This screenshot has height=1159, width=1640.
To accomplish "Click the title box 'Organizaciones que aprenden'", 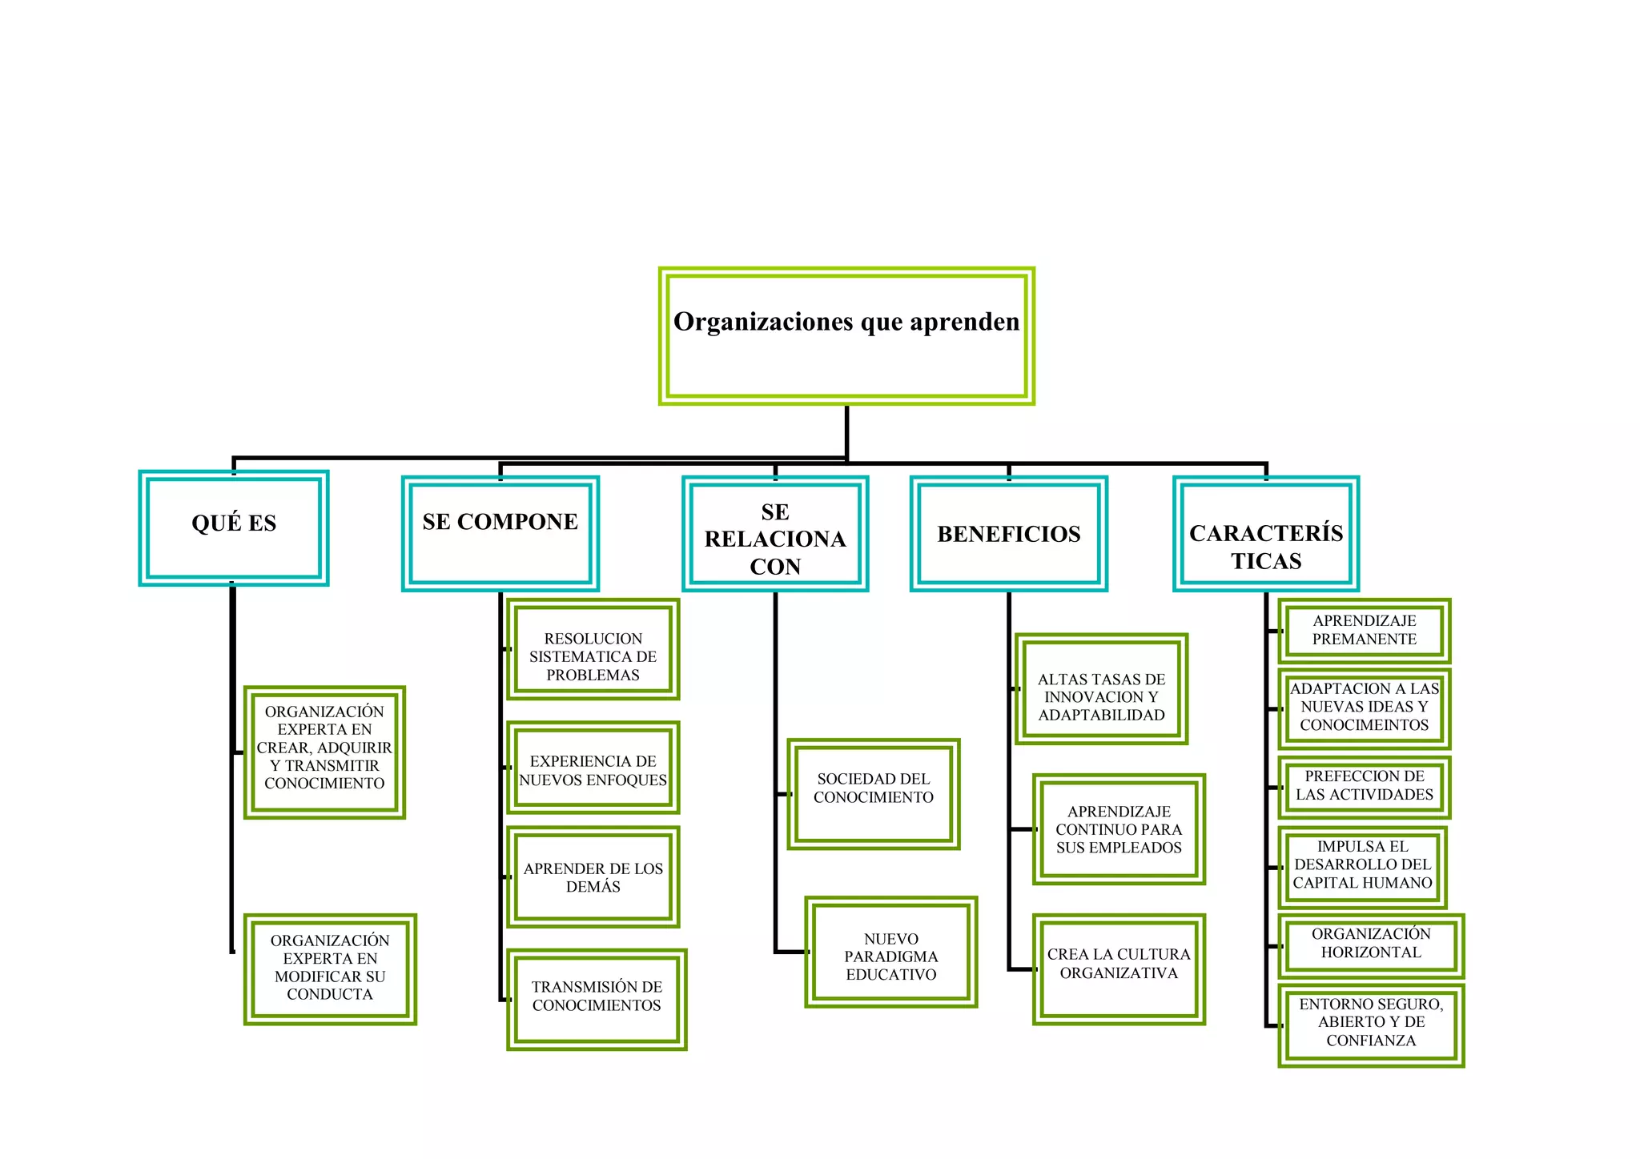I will click(x=846, y=336).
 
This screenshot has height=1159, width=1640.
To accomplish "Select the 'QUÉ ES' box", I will click(x=234, y=528).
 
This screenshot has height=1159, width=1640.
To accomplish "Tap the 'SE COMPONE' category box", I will click(x=500, y=534).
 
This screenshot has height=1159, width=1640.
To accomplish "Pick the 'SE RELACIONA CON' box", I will click(x=775, y=534).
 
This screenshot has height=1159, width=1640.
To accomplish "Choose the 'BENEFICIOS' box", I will click(x=1009, y=534).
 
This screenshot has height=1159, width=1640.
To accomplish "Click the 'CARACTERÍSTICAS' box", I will click(x=1266, y=534).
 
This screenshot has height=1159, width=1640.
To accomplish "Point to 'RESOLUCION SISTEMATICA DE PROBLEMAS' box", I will click(x=593, y=649).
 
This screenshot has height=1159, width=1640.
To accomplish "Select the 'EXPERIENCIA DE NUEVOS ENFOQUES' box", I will click(x=593, y=768).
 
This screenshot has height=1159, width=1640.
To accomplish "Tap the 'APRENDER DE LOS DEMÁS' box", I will click(x=593, y=877).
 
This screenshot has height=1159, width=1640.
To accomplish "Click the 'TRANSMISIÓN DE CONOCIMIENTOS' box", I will click(x=597, y=1000).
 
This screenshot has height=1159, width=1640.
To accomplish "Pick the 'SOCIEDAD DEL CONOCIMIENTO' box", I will click(x=874, y=794).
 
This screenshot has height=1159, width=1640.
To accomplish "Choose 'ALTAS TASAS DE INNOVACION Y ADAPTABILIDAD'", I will click(x=1101, y=689).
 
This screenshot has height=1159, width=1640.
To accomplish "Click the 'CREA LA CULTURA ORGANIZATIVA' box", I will click(x=1119, y=969).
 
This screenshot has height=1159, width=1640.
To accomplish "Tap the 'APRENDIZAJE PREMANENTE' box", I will click(x=1365, y=631).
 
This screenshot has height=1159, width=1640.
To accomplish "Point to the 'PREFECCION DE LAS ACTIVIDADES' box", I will click(x=1365, y=788).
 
